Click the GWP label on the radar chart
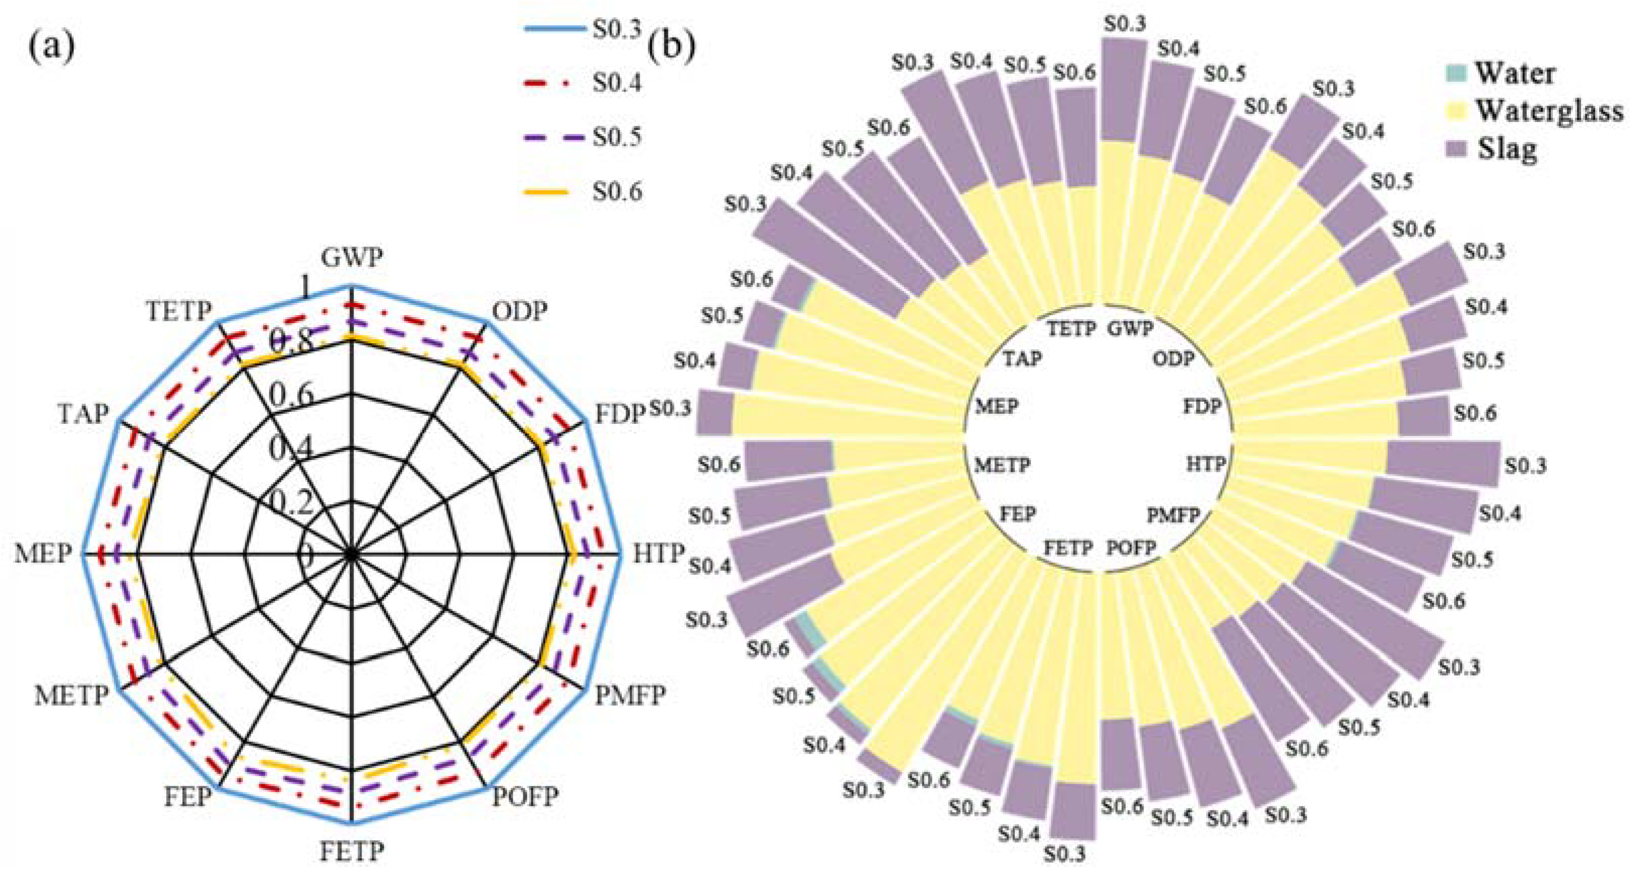(x=352, y=258)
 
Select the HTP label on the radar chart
(x=659, y=553)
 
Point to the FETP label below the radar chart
(x=352, y=850)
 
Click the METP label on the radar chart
(x=72, y=696)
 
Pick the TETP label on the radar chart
(x=179, y=312)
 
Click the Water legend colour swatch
(x=1456, y=73)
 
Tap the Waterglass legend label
(x=1550, y=111)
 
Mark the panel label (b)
(x=670, y=46)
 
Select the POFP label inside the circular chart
(x=1130, y=547)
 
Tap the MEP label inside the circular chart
(x=996, y=406)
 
